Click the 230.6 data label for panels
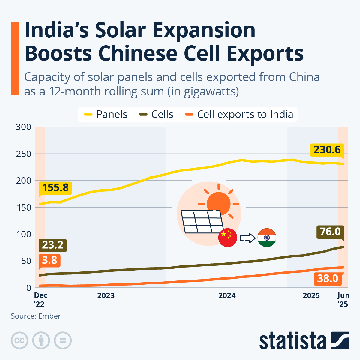coord(327,149)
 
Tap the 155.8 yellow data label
coord(55,188)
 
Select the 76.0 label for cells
coord(330,232)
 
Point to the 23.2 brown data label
coord(53,245)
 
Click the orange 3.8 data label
coord(49,260)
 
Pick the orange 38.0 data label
coord(328,279)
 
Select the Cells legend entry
coord(157,114)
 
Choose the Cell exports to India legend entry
coord(239,114)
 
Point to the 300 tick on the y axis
coord(24,127)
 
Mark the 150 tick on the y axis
coord(24,207)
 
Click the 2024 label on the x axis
coord(227,296)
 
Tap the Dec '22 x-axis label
coord(40,300)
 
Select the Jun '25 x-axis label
coord(343,300)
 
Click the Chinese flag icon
coord(228,238)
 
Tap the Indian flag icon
coord(267,238)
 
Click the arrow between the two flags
coord(247,238)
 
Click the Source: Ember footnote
coord(36,316)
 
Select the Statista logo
coord(304,341)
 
